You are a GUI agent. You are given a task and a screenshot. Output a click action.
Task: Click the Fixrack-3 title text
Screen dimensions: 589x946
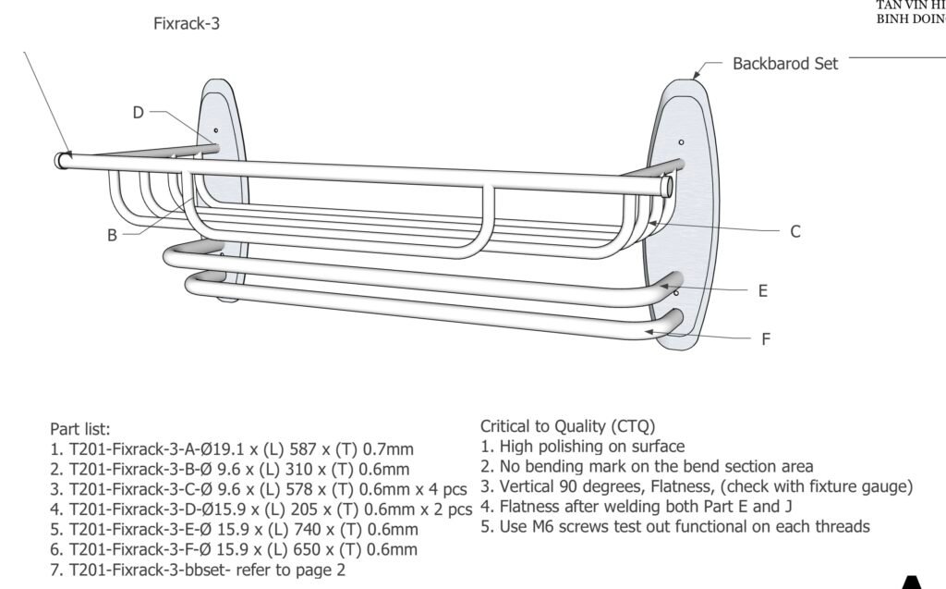coord(187,24)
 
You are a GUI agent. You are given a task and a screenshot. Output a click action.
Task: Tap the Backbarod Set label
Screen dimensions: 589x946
coord(785,64)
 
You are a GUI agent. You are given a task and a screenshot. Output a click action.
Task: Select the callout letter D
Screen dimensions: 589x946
coord(138,113)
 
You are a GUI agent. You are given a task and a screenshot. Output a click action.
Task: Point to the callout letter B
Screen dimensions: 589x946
coord(112,235)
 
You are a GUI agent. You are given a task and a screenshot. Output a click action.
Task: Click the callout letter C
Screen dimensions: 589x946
coord(794,232)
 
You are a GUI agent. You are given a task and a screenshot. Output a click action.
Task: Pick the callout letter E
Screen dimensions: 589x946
coord(763,290)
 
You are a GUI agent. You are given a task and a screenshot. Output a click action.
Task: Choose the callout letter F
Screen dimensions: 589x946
coord(766,339)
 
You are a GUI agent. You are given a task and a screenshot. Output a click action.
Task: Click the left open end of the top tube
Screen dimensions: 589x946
coord(61,160)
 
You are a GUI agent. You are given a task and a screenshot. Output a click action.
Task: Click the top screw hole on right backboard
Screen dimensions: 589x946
coord(681,142)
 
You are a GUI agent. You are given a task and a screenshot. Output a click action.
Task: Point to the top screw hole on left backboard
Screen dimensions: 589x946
coord(216,131)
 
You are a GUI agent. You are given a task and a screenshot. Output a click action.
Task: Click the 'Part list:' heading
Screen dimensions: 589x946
coord(80,429)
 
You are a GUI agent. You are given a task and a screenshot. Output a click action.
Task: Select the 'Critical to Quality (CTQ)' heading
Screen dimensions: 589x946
coord(567,426)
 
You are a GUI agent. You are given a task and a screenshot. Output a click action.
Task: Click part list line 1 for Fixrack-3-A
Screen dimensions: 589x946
coord(232,449)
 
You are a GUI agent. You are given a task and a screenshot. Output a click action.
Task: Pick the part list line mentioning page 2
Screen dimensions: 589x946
coord(198,571)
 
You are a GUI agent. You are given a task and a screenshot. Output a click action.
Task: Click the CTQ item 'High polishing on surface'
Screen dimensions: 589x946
coord(582,447)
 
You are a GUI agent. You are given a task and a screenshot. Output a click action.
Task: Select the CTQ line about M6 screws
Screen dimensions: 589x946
coord(674,526)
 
